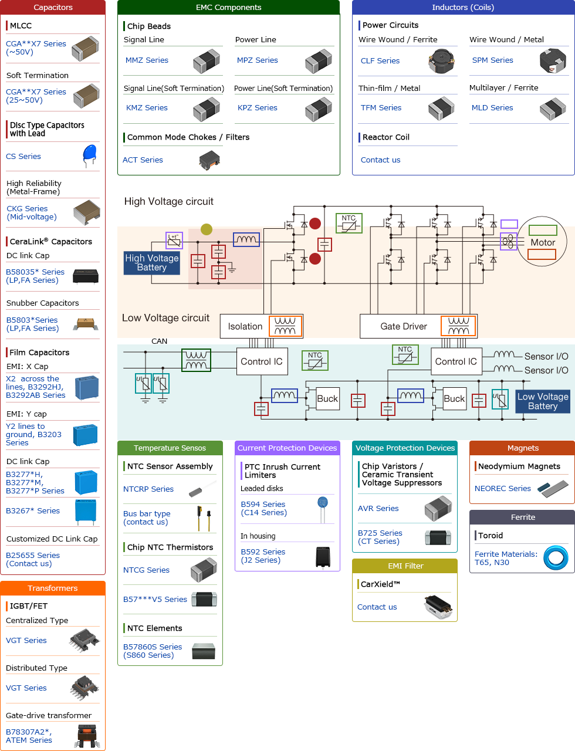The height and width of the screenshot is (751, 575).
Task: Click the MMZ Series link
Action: point(147,60)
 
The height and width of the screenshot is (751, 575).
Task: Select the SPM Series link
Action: point(492,60)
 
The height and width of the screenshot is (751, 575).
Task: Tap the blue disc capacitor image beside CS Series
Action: point(89,155)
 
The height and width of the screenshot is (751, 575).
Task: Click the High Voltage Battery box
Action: point(151,263)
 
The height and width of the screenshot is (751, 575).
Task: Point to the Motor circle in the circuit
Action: point(543,242)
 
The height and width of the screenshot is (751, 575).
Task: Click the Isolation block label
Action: point(245,326)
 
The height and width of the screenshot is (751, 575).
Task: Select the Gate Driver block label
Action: point(404,326)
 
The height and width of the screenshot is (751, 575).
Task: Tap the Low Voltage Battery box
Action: point(542,401)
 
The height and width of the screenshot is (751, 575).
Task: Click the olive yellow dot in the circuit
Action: point(207,229)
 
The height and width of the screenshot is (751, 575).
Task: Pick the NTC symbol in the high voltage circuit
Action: point(349,223)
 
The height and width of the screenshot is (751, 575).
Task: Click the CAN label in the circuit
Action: point(159,341)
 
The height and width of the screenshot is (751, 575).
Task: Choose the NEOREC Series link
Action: point(502,488)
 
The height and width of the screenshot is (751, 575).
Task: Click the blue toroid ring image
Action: point(555,558)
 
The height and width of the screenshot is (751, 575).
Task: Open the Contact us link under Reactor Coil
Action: point(380,160)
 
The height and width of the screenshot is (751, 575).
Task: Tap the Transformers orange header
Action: point(53,588)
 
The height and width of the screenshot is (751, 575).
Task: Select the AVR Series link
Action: point(378,508)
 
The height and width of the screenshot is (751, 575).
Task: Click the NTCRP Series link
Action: point(148,489)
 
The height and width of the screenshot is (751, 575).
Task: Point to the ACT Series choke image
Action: point(209,160)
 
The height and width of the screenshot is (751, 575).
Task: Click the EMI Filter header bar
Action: point(405,566)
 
